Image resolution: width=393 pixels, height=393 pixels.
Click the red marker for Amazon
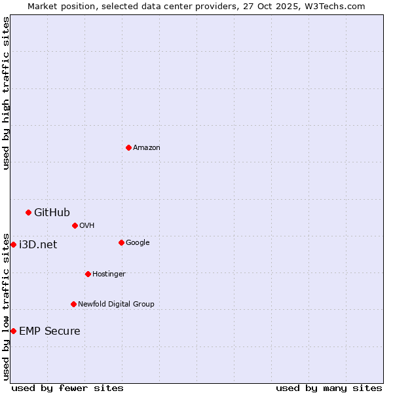128,147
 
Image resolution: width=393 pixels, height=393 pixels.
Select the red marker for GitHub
28,212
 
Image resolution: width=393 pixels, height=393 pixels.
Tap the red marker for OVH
75,225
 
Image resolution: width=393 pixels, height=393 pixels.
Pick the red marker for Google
121,242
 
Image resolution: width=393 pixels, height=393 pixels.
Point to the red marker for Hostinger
88,274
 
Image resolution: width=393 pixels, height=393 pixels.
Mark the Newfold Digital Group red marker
73,304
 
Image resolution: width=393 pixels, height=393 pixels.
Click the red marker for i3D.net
13,244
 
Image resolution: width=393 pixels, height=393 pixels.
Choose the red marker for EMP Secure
13,331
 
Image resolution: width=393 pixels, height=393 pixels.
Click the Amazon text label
147,148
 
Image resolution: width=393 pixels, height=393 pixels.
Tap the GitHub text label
52,212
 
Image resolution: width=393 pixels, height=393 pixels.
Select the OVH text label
87,226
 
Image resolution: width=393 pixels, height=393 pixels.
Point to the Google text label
138,243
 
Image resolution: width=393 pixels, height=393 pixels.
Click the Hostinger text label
109,274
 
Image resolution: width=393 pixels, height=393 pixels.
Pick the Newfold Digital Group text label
116,305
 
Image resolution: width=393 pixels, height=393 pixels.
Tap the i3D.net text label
38,245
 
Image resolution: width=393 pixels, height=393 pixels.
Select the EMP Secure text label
50,331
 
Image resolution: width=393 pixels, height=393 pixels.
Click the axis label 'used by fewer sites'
67,388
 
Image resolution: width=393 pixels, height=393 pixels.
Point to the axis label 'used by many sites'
329,388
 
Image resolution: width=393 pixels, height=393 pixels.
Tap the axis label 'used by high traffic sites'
6,93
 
